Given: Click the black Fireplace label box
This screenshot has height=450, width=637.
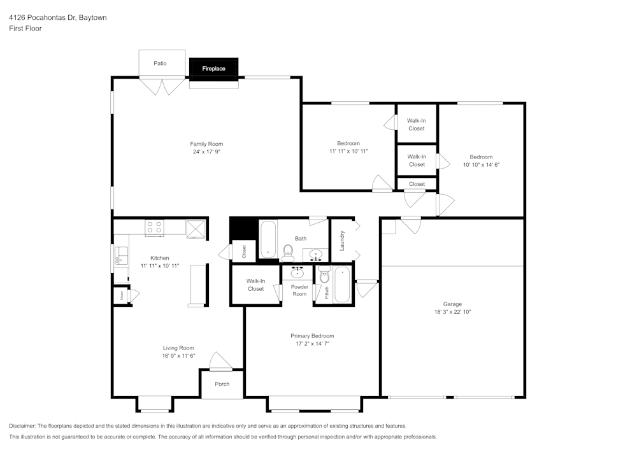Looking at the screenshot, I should (213, 68).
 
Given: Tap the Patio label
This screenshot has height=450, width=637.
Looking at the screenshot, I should (160, 63).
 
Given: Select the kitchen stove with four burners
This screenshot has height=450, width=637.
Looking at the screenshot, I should (154, 227).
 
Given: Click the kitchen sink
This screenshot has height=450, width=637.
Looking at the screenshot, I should (121, 256).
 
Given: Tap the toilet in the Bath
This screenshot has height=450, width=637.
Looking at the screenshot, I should (288, 253).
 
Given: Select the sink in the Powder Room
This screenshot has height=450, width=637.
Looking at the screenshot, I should (297, 273).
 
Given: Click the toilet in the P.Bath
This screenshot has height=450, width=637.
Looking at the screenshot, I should (325, 276).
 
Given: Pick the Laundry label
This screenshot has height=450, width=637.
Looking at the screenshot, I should (342, 240).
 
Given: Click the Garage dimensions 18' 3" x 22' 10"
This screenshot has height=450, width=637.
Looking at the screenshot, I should (452, 312).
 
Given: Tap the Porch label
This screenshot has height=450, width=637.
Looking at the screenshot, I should (222, 384).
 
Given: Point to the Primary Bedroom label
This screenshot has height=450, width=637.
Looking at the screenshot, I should (312, 335).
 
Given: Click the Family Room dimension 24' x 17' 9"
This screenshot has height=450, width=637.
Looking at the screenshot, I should (206, 152).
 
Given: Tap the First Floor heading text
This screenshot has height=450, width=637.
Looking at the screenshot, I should (25, 29).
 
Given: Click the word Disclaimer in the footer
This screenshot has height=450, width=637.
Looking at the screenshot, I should (23, 425).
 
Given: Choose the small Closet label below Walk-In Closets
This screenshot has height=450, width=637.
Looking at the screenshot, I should (417, 184).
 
